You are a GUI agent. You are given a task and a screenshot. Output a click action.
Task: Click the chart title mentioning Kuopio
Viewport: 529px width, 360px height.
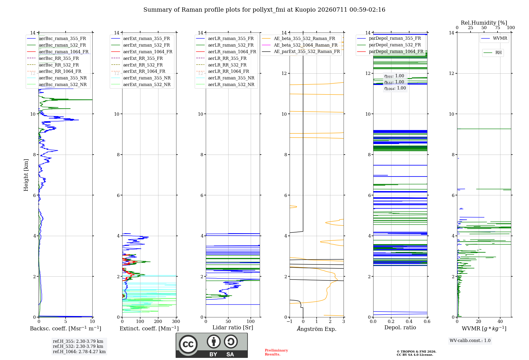264,10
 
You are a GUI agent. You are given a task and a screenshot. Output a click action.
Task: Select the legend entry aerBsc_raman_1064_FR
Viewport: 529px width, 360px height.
58,52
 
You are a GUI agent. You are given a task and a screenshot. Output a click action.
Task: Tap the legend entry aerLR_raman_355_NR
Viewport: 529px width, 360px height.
225,78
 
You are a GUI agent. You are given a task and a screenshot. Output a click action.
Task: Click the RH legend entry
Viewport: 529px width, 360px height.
492,53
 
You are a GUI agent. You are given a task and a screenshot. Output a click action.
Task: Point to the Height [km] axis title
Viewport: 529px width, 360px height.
26,175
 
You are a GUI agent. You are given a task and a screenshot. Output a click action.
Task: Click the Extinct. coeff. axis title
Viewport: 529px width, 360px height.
149,328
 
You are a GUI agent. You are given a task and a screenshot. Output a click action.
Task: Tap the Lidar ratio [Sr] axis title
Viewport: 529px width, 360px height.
233,327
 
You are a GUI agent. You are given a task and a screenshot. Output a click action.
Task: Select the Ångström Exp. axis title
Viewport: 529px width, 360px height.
317,329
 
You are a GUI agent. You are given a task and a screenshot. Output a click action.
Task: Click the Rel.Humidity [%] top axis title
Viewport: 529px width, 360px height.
484,23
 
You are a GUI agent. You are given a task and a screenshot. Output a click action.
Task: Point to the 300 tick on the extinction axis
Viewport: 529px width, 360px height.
176,321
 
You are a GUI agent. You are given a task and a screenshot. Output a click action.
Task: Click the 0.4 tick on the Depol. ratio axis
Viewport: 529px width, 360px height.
409,321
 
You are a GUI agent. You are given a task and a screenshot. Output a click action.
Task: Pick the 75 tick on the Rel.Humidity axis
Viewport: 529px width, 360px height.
498,28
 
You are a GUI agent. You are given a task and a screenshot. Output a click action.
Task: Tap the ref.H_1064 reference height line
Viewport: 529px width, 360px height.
79,352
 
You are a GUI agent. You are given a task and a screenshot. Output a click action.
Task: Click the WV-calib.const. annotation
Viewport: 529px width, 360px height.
470,341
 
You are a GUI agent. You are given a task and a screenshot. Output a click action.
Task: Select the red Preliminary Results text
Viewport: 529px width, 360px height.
276,352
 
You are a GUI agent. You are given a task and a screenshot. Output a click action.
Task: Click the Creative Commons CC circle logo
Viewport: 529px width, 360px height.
188,344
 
